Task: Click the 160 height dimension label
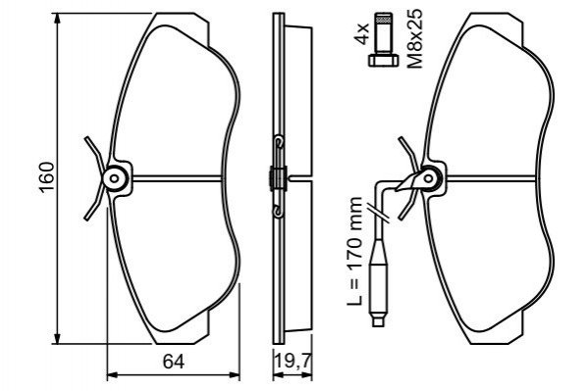[x=47, y=177]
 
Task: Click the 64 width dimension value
[x=174, y=363]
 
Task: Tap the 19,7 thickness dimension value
[x=293, y=362]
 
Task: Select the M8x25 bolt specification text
[x=415, y=38]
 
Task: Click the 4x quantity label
[x=362, y=33]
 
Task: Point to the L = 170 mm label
[x=354, y=251]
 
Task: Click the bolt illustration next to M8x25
[x=383, y=39]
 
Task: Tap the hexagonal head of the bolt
[x=383, y=61]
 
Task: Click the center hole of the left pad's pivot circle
[x=115, y=178]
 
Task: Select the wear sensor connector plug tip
[x=378, y=320]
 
